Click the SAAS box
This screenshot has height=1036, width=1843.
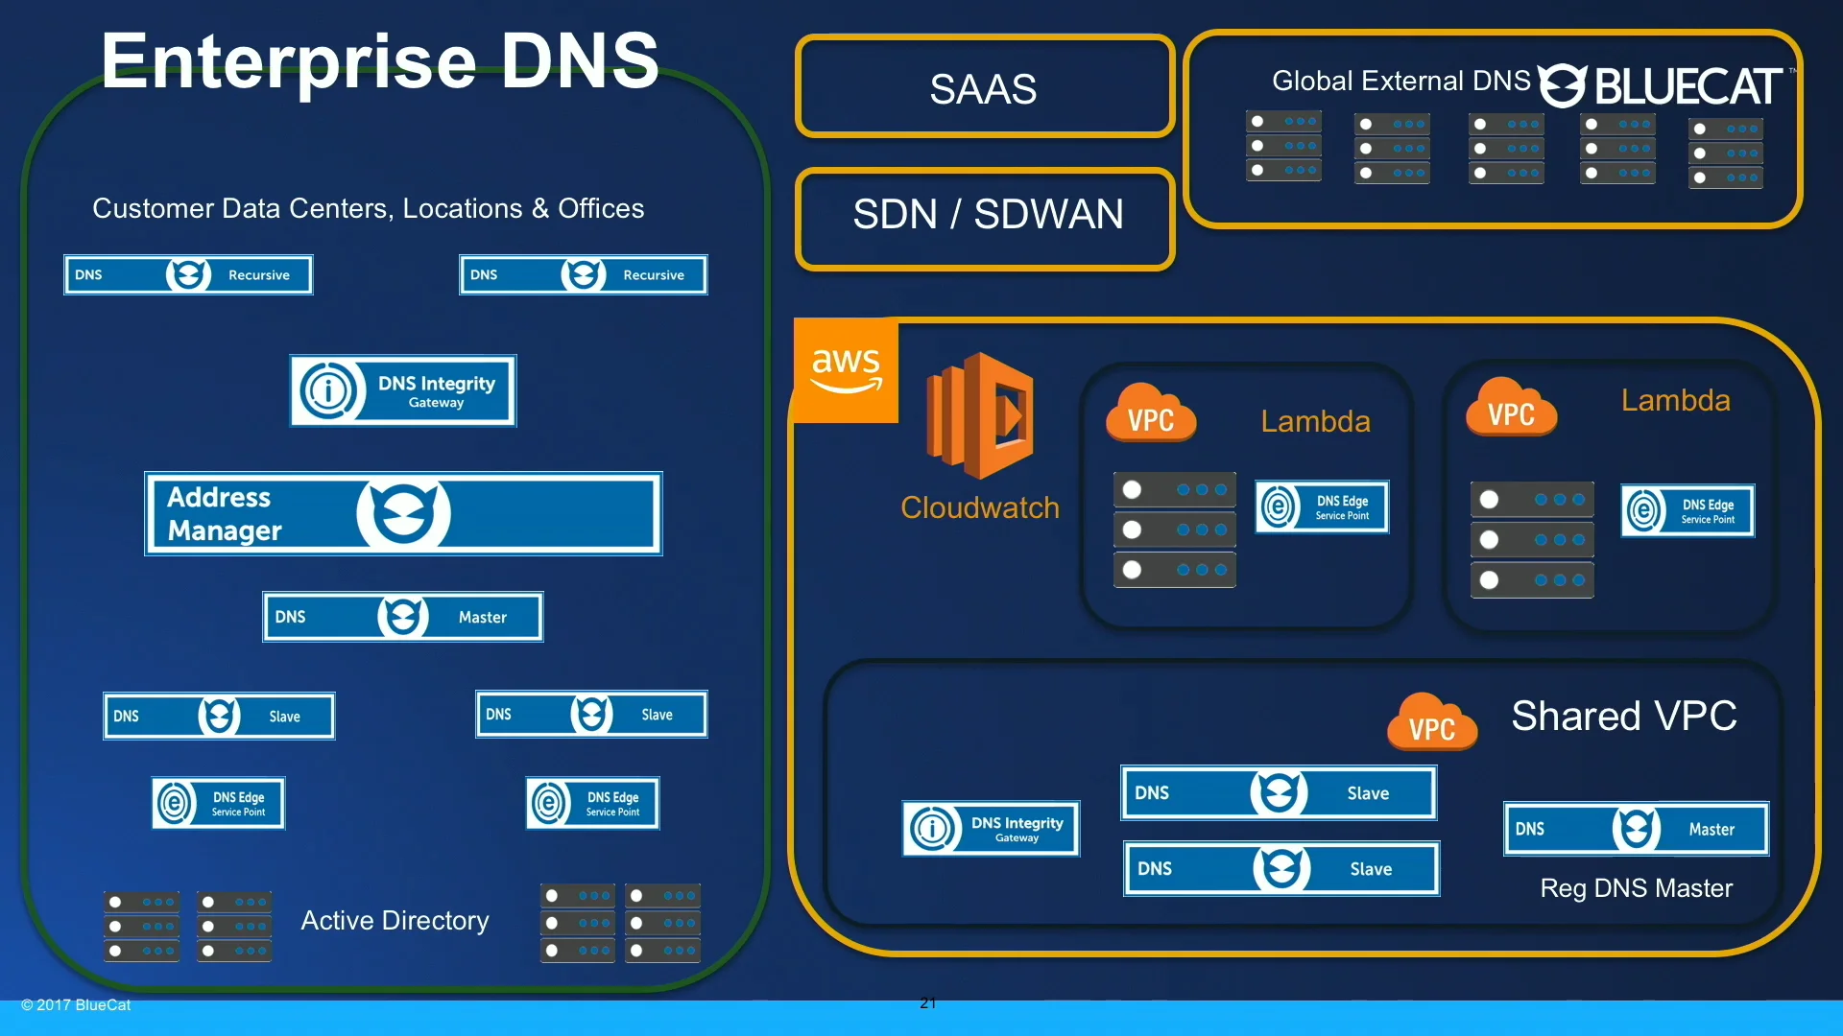(x=984, y=88)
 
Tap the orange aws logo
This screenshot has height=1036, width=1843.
(x=846, y=370)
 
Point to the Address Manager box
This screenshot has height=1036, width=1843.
(x=403, y=513)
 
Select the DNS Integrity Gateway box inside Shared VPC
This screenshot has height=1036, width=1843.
(x=991, y=829)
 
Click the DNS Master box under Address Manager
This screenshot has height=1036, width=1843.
(x=403, y=617)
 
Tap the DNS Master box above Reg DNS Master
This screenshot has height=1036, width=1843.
(x=1636, y=829)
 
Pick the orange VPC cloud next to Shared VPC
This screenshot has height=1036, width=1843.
(x=1431, y=723)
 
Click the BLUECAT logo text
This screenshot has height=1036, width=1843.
(x=1687, y=86)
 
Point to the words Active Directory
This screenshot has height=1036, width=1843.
(x=395, y=921)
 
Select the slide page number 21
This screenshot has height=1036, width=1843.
(x=927, y=1003)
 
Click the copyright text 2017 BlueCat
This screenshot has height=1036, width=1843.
(x=77, y=1005)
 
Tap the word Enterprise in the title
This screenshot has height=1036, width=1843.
(x=288, y=61)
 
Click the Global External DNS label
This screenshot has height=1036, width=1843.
(x=1400, y=82)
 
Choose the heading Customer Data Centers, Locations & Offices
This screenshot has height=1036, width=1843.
(x=368, y=209)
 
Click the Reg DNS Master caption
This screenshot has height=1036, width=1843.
(x=1636, y=888)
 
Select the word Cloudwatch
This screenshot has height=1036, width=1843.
(x=979, y=508)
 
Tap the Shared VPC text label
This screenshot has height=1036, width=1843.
(x=1624, y=717)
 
